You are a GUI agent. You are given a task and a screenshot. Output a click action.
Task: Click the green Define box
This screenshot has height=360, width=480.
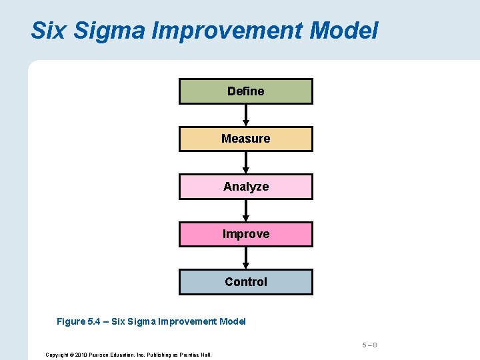(245, 91)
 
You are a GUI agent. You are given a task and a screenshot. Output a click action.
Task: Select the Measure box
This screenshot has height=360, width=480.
(245, 139)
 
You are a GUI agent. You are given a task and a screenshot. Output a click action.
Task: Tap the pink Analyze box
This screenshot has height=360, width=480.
(245, 187)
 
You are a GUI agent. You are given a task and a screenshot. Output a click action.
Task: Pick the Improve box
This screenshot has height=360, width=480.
(245, 234)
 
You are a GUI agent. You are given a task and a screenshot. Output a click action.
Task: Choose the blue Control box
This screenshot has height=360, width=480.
(245, 281)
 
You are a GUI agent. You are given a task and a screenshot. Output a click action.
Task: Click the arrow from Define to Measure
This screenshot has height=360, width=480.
(245, 115)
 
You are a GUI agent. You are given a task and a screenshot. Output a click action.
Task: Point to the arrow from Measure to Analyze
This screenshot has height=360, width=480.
(245, 163)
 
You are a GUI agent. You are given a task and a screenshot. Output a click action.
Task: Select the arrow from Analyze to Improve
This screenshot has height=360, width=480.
(245, 211)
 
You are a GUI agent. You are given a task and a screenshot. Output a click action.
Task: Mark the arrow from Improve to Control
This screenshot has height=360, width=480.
(245, 258)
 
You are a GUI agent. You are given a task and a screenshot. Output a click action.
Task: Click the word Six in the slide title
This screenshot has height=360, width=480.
(49, 30)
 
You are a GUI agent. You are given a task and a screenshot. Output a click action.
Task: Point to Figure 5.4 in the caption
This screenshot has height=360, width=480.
(81, 321)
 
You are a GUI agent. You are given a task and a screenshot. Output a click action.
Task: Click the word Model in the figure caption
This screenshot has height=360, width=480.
(232, 321)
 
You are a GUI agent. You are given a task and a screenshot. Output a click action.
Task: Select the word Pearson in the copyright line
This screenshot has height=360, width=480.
(103, 355)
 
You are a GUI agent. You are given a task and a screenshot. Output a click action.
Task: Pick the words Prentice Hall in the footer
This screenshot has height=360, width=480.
(197, 355)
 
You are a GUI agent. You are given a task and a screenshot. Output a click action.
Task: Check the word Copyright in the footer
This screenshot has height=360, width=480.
(57, 355)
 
